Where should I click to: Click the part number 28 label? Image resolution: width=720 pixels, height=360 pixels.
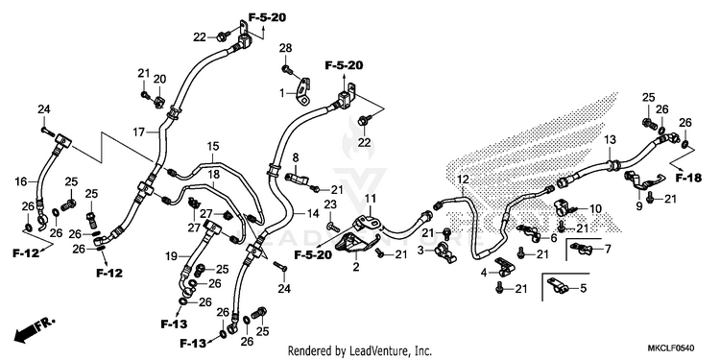pos(286,49)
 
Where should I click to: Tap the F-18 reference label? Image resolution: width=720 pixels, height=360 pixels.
pos(688,179)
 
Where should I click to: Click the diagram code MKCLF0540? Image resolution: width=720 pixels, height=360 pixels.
pos(671,348)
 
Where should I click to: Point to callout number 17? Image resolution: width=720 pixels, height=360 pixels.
pos(138,132)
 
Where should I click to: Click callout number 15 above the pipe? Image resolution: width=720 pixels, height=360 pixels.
pos(213,147)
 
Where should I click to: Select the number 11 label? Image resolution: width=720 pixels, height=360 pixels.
pos(371,199)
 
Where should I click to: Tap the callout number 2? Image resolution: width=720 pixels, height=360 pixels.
pos(356,266)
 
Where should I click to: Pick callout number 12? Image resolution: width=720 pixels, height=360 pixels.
pos(463,179)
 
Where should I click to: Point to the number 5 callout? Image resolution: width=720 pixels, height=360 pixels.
pos(583,288)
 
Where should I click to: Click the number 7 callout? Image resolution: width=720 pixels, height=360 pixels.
pos(608,250)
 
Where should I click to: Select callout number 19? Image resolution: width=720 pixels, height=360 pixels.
pos(171,257)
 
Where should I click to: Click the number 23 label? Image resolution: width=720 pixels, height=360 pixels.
pos(330,204)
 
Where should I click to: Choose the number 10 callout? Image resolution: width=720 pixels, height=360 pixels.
pos(595,209)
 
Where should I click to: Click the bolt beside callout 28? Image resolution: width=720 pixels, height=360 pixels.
pos(287,70)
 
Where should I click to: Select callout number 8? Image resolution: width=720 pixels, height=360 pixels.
pos(296,157)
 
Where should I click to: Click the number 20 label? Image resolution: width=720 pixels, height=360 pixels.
pos(159,79)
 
